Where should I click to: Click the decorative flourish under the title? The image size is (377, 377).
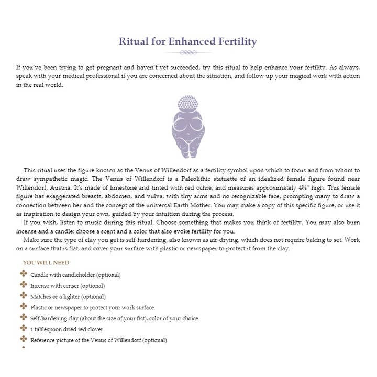pyautogui.click(x=188, y=52)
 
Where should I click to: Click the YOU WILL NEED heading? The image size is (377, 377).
pyautogui.click(x=46, y=262)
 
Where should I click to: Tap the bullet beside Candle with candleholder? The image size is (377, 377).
pyautogui.click(x=24, y=274)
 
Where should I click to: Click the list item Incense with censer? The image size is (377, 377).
pyautogui.click(x=68, y=285)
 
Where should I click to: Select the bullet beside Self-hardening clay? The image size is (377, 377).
pyautogui.click(x=24, y=318)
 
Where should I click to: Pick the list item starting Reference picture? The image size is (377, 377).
pyautogui.click(x=98, y=340)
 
